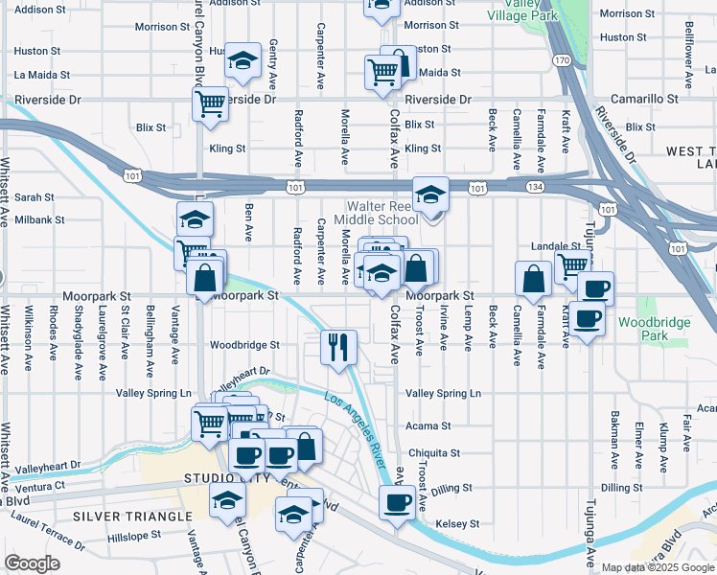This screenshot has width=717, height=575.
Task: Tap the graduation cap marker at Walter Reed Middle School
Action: pos(430,195)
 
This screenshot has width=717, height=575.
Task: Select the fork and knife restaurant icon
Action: pos(337,348)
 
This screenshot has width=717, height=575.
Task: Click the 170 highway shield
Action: pos(564,61)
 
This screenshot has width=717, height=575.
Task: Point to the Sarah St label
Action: pos(34,196)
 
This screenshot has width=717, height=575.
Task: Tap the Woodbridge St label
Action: pos(244,345)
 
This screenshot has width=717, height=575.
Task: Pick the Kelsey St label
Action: pos(456,524)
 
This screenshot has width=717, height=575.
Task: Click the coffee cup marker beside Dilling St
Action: pos(397,502)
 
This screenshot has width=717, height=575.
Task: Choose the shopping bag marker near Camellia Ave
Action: pos(532,279)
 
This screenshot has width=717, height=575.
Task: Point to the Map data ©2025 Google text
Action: pos(656,567)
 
